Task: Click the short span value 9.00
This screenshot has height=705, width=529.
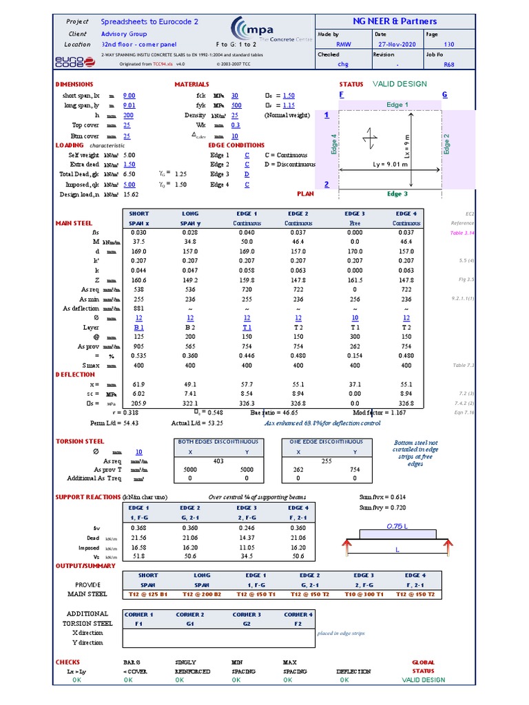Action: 129,96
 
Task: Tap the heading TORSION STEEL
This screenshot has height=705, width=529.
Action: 80,441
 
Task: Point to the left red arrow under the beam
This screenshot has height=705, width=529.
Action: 347,548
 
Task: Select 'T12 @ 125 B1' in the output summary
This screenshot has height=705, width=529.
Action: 148,594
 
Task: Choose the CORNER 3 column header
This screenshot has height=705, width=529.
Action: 246,614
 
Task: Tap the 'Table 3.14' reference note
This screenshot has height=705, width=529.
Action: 462,233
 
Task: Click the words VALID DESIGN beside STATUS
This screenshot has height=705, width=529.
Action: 400,84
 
